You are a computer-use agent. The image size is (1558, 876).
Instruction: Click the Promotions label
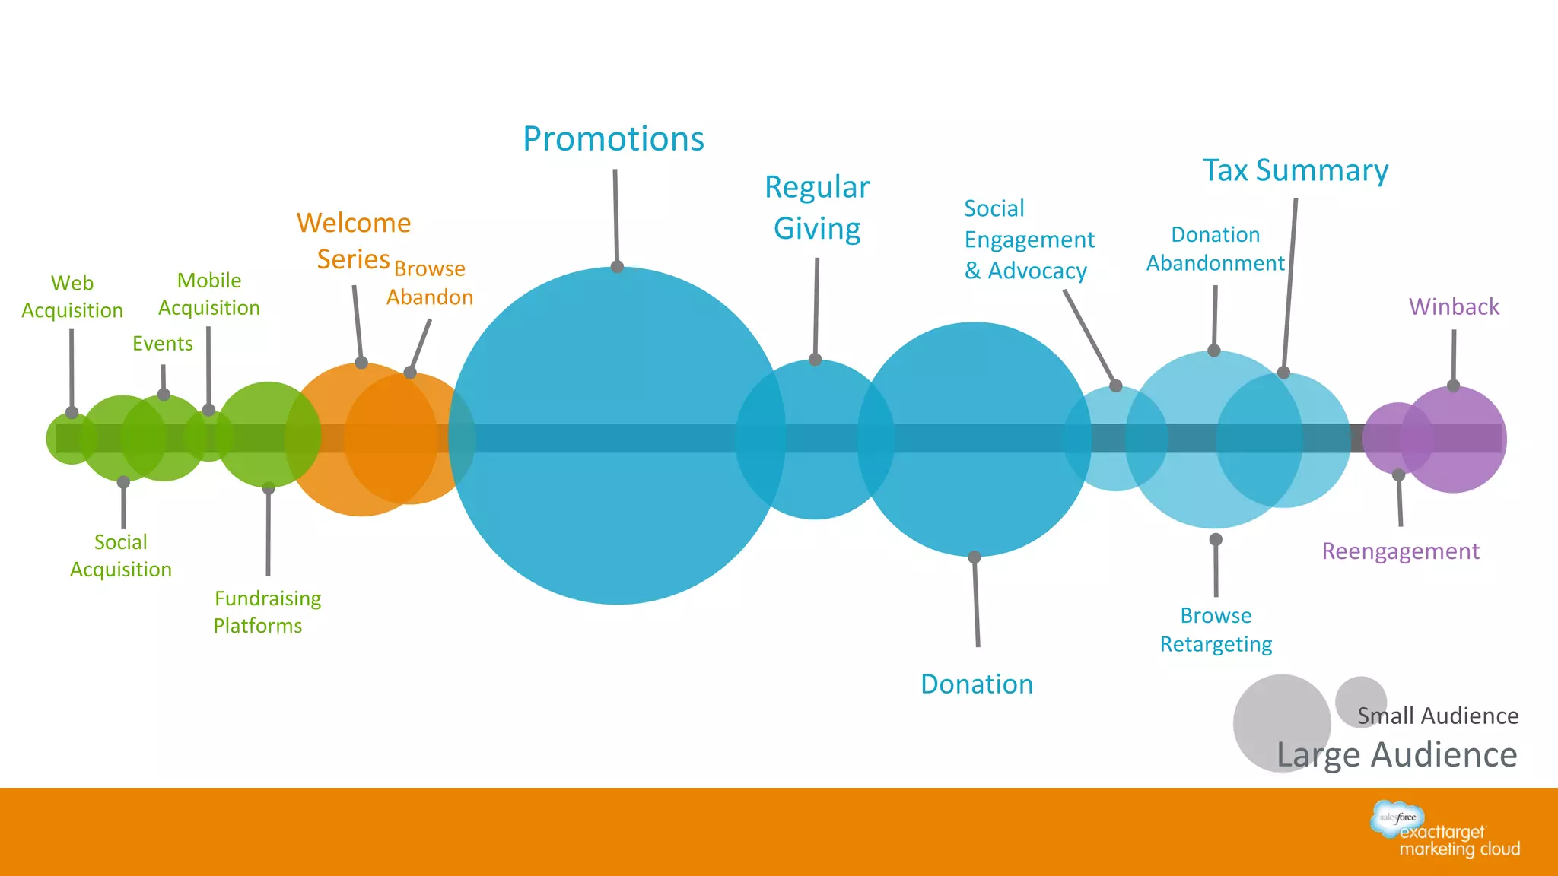click(x=613, y=139)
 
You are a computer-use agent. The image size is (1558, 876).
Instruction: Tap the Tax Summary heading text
click(x=1296, y=170)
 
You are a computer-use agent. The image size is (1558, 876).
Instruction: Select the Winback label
click(x=1454, y=306)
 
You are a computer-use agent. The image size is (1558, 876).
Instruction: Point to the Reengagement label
click(x=1401, y=551)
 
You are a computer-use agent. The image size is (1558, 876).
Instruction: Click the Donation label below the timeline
click(x=977, y=684)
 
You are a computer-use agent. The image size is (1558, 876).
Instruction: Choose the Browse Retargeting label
click(x=1216, y=630)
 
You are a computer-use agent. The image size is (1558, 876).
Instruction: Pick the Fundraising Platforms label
click(x=267, y=612)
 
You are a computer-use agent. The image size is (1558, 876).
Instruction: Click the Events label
click(x=163, y=344)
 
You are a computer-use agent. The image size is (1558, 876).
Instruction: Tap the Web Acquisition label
click(x=72, y=297)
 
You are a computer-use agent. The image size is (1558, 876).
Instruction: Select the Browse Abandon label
click(x=430, y=283)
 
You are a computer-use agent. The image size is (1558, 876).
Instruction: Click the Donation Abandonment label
click(x=1215, y=249)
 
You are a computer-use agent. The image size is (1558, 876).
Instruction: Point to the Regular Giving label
click(x=817, y=208)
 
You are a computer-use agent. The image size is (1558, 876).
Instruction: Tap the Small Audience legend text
click(x=1438, y=716)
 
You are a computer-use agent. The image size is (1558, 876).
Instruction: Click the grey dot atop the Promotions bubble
click(x=617, y=267)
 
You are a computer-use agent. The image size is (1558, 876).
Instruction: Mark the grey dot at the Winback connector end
click(x=1453, y=386)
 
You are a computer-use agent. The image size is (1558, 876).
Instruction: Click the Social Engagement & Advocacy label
click(x=1029, y=240)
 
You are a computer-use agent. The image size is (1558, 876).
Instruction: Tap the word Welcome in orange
click(x=354, y=224)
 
